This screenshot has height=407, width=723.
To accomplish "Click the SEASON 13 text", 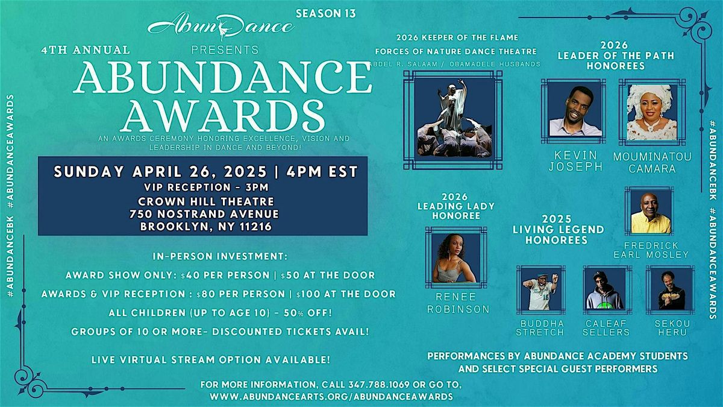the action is pyautogui.click(x=326, y=13).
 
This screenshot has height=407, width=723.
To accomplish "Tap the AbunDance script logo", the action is pyautogui.click(x=221, y=26).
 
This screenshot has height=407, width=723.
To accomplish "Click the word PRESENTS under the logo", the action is pyautogui.click(x=225, y=49).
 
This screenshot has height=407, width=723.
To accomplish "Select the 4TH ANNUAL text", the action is pyautogui.click(x=86, y=49).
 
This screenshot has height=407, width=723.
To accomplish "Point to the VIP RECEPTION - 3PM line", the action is pyautogui.click(x=206, y=188).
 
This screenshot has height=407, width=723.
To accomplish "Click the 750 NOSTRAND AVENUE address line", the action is pyautogui.click(x=204, y=214).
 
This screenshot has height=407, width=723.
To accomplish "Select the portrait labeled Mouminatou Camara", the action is pyautogui.click(x=652, y=112).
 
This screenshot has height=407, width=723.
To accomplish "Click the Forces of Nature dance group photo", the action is pyautogui.click(x=453, y=120).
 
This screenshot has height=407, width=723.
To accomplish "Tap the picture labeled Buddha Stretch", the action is pyautogui.click(x=541, y=290).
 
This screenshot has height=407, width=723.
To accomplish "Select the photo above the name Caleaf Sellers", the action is pyautogui.click(x=607, y=290).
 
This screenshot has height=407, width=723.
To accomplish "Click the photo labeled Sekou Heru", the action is pyautogui.click(x=671, y=290).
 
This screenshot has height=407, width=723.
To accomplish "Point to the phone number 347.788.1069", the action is pyautogui.click(x=379, y=385).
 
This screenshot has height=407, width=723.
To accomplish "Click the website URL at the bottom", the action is pyautogui.click(x=331, y=397).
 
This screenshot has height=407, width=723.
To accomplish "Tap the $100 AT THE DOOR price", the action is pyautogui.click(x=346, y=294).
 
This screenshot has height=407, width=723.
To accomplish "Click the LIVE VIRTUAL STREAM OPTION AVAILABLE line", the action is pyautogui.click(x=211, y=360).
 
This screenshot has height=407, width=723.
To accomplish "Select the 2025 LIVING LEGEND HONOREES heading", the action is pyautogui.click(x=558, y=230).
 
